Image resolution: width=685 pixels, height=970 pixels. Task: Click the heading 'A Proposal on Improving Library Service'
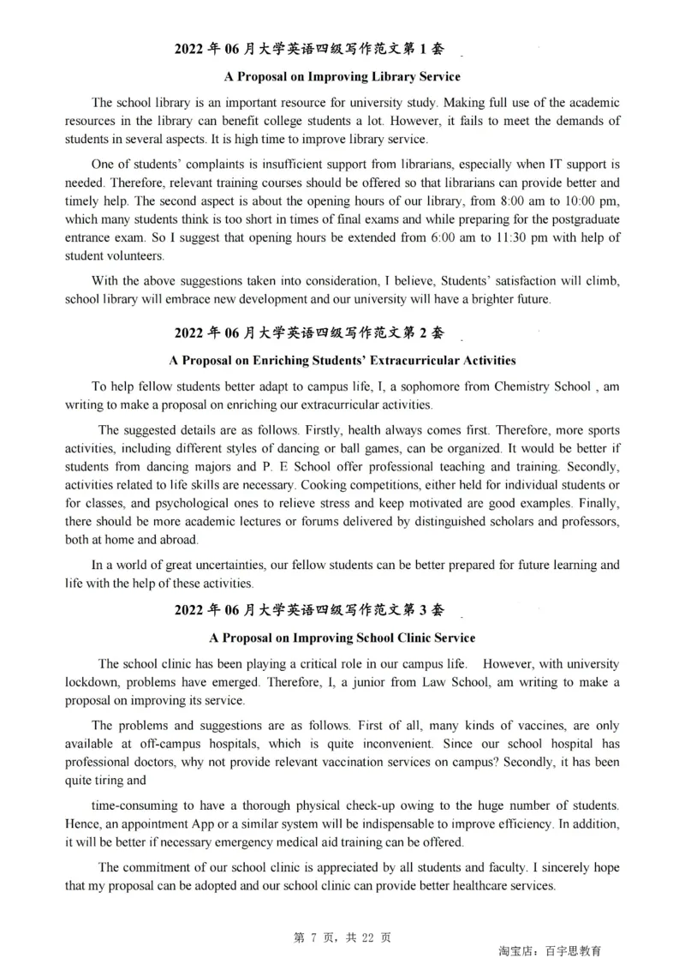[x=342, y=76]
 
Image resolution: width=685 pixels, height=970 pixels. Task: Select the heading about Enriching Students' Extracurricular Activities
[x=342, y=360]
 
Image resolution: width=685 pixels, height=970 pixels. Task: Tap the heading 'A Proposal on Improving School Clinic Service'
[x=342, y=638]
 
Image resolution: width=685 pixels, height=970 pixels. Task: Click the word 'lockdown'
[x=92, y=682]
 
